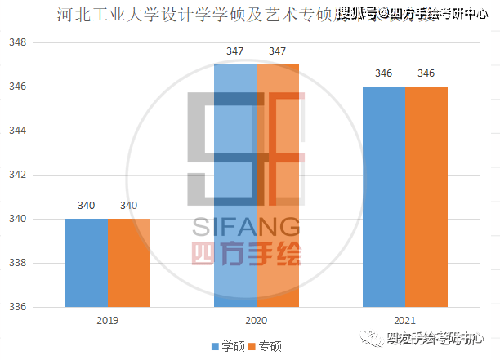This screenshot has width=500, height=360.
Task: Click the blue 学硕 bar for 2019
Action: pos(87,263)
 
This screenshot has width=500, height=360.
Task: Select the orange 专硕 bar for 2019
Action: pos(129,263)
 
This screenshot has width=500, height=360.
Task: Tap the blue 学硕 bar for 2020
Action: pos(234,186)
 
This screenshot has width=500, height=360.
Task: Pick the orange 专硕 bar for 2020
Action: pos(278,186)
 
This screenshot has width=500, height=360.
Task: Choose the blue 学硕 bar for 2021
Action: pos(384,197)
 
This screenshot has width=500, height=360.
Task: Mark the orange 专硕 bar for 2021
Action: pos(426,197)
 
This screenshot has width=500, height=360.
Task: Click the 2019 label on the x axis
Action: pos(108,321)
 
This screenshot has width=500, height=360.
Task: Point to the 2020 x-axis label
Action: pos(257,321)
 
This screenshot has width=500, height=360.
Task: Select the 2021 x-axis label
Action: pos(405,321)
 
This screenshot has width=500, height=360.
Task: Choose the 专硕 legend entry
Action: pos(265,346)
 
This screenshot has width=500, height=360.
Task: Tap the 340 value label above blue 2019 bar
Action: pos(87,206)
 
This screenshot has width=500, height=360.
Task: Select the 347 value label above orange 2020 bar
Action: pos(278,51)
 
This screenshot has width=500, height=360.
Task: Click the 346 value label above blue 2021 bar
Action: pos(384,73)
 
